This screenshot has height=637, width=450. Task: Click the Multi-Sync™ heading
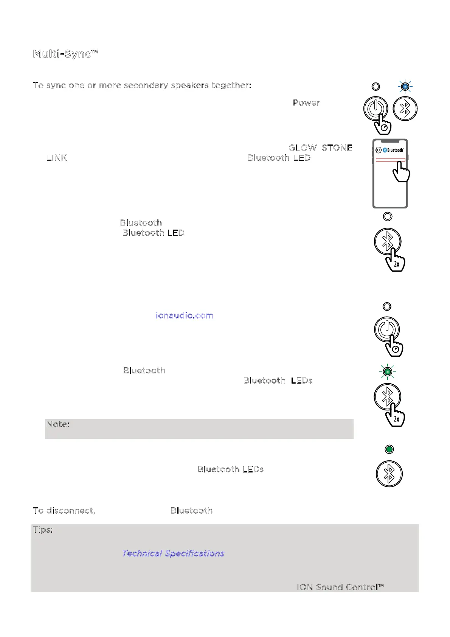[x=65, y=54]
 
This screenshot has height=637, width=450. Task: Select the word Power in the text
[x=306, y=103]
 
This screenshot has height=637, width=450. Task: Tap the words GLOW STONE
[x=320, y=148]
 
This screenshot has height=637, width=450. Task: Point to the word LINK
[x=57, y=158]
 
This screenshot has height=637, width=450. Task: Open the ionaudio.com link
[x=185, y=315]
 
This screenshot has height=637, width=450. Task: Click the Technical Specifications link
[x=173, y=553]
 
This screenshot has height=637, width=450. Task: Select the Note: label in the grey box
[x=57, y=424]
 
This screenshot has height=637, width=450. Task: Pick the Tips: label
[x=43, y=530]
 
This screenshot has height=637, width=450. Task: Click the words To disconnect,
[x=64, y=511]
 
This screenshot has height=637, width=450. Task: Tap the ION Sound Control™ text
[x=340, y=587]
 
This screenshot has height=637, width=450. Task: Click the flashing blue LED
[x=405, y=87]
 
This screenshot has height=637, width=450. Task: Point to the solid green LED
[x=389, y=449]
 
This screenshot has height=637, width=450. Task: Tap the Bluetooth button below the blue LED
[x=405, y=109]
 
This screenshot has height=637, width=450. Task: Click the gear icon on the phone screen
[x=379, y=150]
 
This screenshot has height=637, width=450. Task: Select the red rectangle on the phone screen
[x=391, y=160]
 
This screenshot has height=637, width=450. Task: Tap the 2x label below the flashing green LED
[x=396, y=419]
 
